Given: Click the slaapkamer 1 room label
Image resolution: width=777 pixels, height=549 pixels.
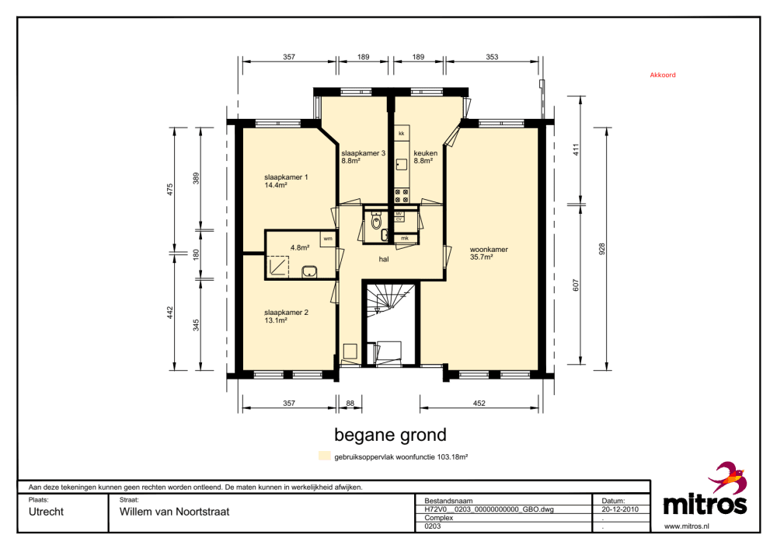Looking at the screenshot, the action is point(286,181).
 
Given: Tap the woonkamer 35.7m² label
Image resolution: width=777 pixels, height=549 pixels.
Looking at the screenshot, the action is point(489,253).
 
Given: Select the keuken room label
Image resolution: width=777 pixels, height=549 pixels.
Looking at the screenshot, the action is point(425,157).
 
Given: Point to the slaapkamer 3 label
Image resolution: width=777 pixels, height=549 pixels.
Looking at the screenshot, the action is point(363,157).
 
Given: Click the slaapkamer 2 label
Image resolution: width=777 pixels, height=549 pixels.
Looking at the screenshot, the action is point(286,316).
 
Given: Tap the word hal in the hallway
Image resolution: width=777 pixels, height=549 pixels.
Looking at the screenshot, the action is point(384,259).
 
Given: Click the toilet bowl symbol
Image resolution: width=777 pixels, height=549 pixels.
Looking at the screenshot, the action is point(377,221).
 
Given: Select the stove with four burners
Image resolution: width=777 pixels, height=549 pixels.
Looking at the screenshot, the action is point(402,196).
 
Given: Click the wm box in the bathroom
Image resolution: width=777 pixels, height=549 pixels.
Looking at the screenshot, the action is point(328,239).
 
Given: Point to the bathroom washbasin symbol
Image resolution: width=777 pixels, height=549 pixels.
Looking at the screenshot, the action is point(310,271).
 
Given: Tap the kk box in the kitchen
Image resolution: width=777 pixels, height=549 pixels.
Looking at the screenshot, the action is point(402,134).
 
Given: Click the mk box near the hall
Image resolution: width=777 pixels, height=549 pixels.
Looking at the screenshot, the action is point(405,239).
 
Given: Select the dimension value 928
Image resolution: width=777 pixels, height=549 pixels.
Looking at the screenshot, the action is point(602,249).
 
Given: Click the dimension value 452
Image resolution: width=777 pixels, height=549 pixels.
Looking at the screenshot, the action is point(479,403).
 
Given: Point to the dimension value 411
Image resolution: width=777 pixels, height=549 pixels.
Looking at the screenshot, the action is point(576,150).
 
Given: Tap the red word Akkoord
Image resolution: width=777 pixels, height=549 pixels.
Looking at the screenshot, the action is point(663,75).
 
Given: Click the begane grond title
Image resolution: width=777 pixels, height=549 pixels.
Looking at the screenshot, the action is point(391,435).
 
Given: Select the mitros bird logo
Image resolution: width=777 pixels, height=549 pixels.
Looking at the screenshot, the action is point(727,477).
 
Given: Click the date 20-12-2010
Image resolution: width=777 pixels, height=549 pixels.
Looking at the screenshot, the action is point(620,509).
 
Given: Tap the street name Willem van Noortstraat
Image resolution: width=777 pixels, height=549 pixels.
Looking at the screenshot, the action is point(174,512).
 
